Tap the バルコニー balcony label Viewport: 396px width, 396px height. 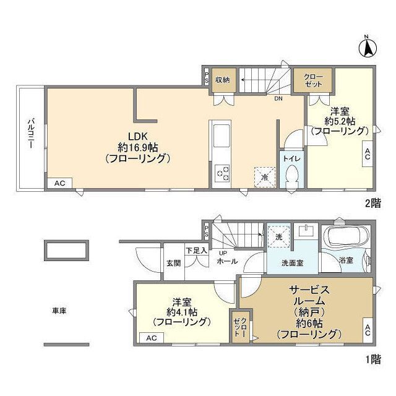pos(31,133)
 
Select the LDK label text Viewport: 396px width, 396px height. pos(137,136)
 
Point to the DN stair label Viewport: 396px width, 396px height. pos(278,98)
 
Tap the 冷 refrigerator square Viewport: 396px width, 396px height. pos(265,177)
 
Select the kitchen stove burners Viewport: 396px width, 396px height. pos(222,173)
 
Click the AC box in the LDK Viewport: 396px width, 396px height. pos(60,183)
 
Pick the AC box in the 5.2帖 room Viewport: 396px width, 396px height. pos(368,154)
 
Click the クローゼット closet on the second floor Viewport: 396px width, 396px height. pos(313,80)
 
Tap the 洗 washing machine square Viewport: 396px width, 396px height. pos(278,236)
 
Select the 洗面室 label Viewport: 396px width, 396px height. pos(292,263)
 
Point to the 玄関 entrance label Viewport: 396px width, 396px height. pos(173,263)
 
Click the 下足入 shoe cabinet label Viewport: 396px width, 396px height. pos(197,251)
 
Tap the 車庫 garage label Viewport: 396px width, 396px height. pos(59,311)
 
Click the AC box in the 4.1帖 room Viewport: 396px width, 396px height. pos(152,338)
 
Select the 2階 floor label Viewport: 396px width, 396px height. pos(373,204)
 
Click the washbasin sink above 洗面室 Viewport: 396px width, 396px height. pos(306,230)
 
